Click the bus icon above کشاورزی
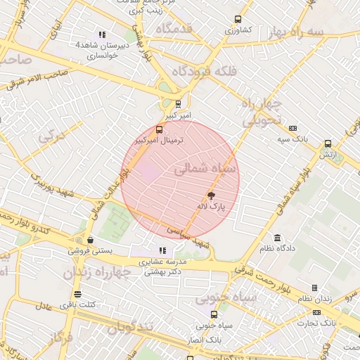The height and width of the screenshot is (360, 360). [238, 20]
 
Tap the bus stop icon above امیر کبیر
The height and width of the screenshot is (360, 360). [178, 103]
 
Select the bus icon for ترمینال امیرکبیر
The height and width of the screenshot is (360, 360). [159, 129]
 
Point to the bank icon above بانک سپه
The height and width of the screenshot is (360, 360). [292, 128]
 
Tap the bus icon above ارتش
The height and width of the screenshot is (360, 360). [328, 143]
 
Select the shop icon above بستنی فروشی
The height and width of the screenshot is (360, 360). [89, 240]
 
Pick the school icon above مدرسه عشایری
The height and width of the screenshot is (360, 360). [162, 250]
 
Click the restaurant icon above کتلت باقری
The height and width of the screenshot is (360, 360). [77, 294]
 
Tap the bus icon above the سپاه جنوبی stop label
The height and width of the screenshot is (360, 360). [214, 314]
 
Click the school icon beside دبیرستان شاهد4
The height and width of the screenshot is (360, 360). [102, 34]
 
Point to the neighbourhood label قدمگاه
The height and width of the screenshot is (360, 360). [174, 29]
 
